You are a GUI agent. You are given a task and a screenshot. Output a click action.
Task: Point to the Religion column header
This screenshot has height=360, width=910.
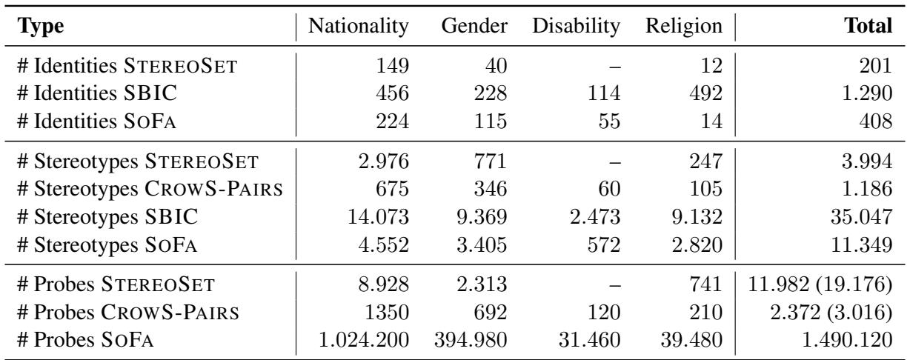coord(683,28)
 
